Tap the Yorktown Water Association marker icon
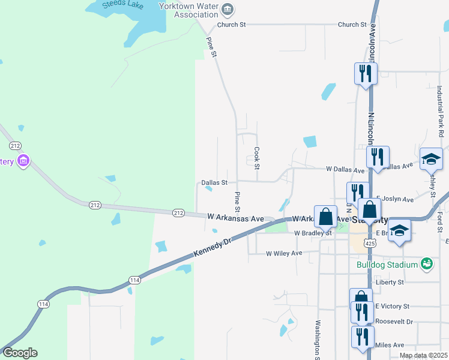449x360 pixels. (x=228, y=9)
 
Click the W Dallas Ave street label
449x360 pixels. (x=345, y=170)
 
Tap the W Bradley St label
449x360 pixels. (x=312, y=233)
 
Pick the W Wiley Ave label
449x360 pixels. (x=284, y=253)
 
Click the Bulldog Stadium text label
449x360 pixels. (x=387, y=265)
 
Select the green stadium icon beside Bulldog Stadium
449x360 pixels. (x=426, y=263)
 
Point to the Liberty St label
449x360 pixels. (x=390, y=282)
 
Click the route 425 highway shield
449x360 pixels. (x=370, y=243)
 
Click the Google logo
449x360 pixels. (x=19, y=353)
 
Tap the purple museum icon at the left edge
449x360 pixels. (x=24, y=161)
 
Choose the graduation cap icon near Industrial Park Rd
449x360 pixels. (x=431, y=159)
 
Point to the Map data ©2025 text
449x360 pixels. (x=423, y=355)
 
